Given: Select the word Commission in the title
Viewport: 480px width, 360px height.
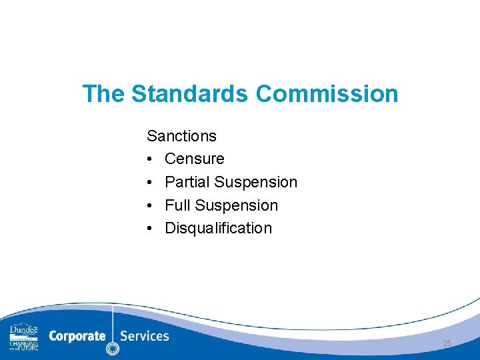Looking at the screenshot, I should tap(327, 94).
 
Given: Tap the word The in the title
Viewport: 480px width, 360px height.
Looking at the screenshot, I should tap(103, 94).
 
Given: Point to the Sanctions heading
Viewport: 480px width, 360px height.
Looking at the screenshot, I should tap(181, 136).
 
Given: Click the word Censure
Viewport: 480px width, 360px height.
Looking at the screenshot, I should tap(195, 159).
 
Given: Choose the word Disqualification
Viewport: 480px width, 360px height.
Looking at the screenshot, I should tap(219, 228).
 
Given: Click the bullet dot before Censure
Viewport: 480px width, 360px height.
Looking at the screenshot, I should tap(151, 159).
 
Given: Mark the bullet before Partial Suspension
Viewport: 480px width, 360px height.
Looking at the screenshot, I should tap(151, 183).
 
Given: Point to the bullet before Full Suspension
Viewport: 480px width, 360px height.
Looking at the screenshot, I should tap(151, 205).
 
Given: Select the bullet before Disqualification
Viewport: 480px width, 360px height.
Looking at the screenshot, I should tap(151, 229).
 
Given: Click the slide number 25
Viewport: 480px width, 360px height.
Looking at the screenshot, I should tap(447, 343).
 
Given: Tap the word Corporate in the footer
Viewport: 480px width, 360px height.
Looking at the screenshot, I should tap(77, 336).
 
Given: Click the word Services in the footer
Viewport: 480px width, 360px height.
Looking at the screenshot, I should tap(145, 336).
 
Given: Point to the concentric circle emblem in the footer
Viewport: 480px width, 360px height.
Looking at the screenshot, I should tap(113, 348).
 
